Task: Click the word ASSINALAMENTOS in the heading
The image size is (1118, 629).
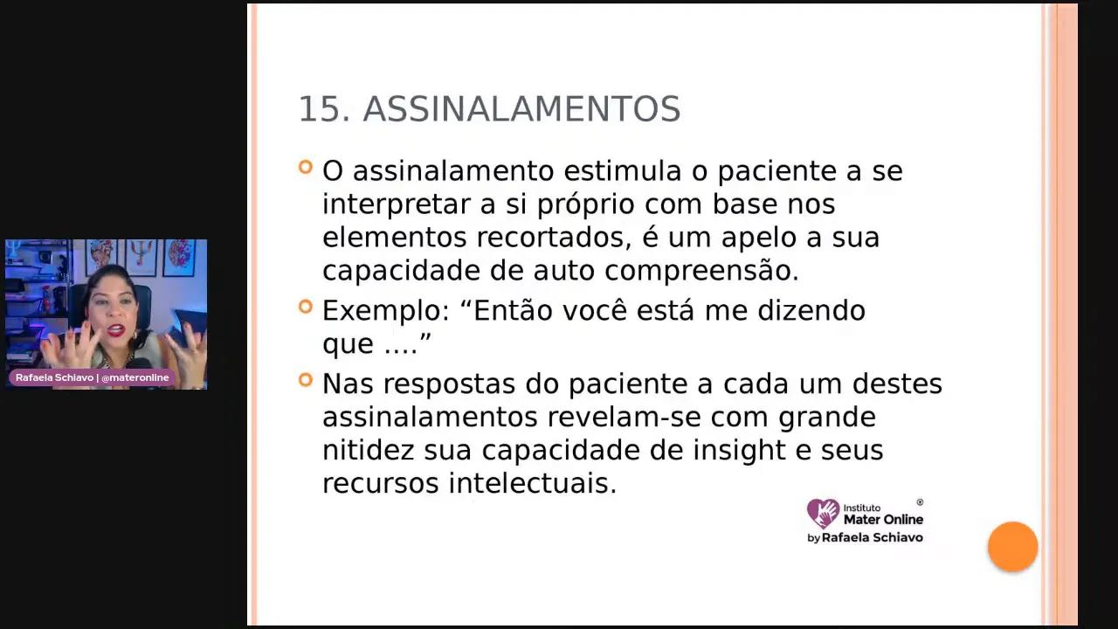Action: click(x=521, y=110)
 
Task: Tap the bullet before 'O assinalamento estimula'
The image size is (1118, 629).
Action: click(x=305, y=167)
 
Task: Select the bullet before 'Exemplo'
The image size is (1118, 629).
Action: click(x=305, y=307)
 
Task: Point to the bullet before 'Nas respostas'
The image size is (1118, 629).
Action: click(x=305, y=380)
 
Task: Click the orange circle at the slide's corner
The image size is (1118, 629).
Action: click(x=1012, y=547)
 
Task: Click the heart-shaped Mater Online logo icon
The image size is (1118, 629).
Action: click(x=822, y=514)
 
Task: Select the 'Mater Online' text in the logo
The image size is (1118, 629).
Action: click(x=883, y=520)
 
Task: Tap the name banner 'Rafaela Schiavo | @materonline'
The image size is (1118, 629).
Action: click(x=92, y=378)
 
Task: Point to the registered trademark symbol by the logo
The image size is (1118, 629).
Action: click(x=920, y=502)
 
